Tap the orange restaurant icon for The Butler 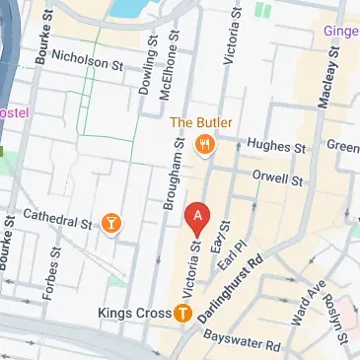click(x=206, y=145)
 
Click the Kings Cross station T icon click(x=182, y=314)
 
